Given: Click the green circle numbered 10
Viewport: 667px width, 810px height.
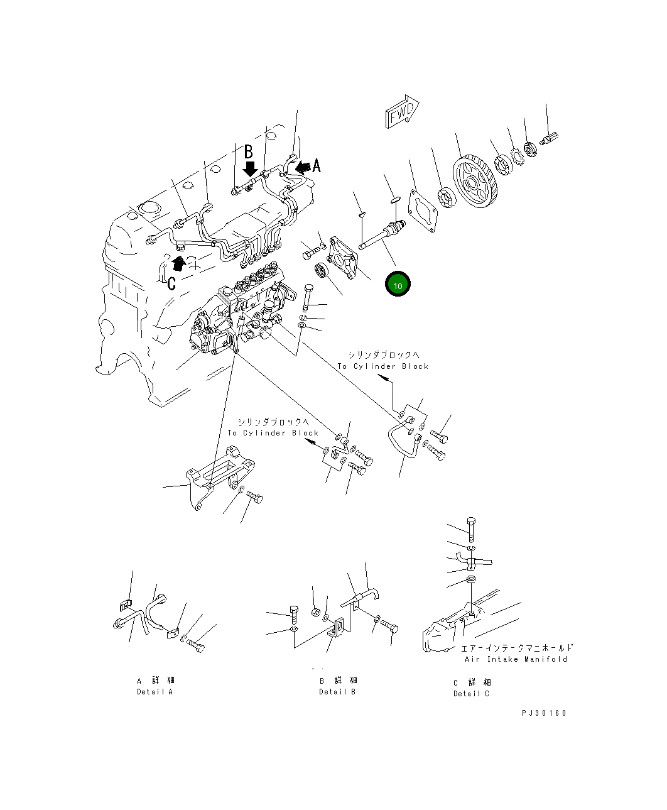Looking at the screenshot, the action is (x=398, y=284).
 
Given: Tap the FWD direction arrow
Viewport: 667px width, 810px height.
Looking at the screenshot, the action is (x=402, y=111).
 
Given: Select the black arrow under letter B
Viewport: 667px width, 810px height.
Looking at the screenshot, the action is (x=251, y=169).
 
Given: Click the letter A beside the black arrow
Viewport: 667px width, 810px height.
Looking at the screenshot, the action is (x=317, y=166).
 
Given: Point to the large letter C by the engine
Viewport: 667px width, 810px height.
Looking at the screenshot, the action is (x=171, y=283).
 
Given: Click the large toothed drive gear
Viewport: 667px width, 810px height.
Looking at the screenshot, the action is (x=475, y=182).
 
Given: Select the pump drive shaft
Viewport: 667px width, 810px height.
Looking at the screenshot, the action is (x=382, y=235).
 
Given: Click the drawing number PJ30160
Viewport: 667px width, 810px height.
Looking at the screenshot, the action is (x=544, y=713).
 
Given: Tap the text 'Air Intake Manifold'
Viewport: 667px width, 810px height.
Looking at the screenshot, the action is (x=516, y=659).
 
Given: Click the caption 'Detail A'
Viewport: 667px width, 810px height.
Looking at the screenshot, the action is (x=155, y=692).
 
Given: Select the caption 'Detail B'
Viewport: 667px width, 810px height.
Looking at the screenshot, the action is (x=337, y=692).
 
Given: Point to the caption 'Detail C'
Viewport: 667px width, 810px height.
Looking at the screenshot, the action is (x=471, y=694).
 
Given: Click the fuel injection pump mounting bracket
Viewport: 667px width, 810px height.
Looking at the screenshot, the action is (x=219, y=476).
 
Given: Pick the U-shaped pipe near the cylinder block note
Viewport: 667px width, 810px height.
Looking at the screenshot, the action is (x=403, y=438).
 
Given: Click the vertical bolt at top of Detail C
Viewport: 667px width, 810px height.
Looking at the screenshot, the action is (x=471, y=530).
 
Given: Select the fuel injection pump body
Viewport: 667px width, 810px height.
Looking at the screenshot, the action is (x=238, y=310).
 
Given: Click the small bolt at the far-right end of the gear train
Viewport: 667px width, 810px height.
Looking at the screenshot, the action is (x=549, y=138).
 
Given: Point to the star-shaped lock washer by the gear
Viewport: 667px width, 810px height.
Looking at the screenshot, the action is (x=518, y=156).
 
